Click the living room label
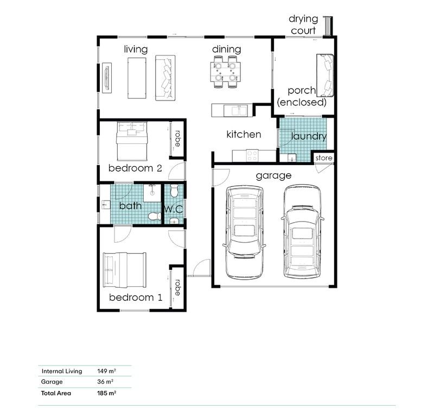[x=136, y=49]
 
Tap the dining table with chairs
[x=226, y=72]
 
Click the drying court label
[x=303, y=26]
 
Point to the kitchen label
[x=244, y=134]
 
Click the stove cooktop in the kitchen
[x=252, y=155]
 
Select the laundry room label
[x=309, y=136]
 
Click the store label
[x=323, y=158]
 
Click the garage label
[x=273, y=175]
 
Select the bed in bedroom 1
[x=124, y=270]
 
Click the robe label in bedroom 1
[x=177, y=287]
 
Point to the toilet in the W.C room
[x=174, y=192]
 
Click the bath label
[x=130, y=206]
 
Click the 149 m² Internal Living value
[x=107, y=371]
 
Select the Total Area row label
[x=56, y=393]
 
